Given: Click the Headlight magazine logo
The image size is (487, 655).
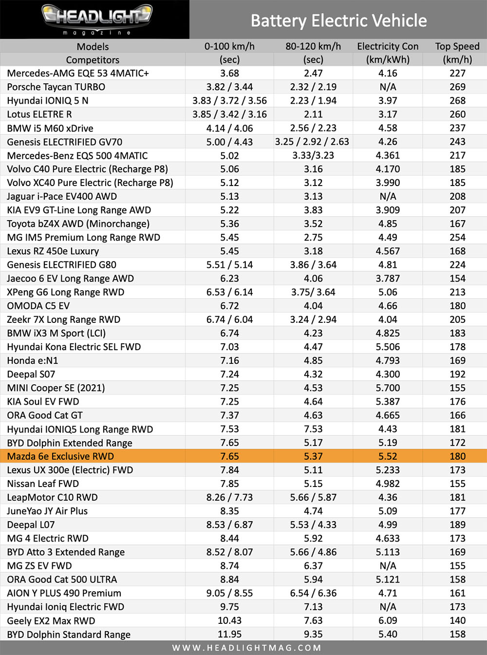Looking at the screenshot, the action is [97, 19].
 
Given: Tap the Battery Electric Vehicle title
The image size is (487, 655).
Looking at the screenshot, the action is [339, 20].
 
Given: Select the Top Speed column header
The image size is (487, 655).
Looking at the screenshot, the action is [457, 46].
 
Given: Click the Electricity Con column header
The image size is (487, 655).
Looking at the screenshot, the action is [388, 46].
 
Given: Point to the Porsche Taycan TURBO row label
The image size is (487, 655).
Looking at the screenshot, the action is [56, 87].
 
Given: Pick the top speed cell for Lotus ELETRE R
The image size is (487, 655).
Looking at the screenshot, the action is [457, 114].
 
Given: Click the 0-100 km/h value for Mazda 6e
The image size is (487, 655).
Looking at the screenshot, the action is [229, 456].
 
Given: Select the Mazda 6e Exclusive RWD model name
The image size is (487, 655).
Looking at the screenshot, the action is [60, 456].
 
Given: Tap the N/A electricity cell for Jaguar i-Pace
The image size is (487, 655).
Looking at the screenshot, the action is [388, 196].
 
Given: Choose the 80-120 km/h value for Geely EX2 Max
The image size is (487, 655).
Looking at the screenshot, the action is [313, 620].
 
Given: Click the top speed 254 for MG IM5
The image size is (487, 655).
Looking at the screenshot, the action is [457, 238].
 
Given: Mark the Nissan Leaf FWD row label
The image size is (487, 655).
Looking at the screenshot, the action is [43, 484].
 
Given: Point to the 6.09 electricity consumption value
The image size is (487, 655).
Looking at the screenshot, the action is [388, 620].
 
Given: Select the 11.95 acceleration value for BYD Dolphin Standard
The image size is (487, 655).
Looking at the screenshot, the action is [229, 634].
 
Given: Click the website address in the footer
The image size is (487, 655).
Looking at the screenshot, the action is [246, 648].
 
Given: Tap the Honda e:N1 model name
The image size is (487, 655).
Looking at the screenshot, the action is [33, 360].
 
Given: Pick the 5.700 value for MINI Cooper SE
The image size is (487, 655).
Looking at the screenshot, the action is [388, 388].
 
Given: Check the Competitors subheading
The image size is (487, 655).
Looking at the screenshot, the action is [93, 60].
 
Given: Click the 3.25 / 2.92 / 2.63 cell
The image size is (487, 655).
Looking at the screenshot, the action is [312, 142].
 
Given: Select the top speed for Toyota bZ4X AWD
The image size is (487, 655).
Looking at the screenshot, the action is [457, 224].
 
